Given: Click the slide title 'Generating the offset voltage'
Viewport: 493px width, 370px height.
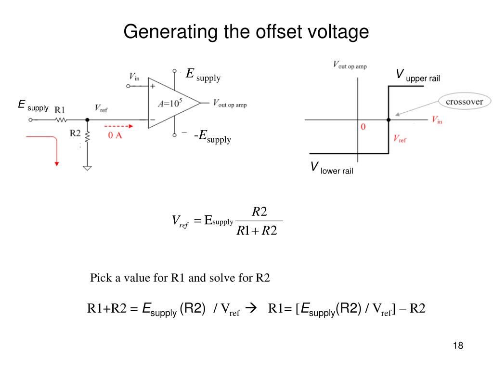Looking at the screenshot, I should point(246,32).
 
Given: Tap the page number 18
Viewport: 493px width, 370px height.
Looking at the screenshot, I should point(458,346).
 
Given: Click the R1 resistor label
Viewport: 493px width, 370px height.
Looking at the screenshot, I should point(61,109).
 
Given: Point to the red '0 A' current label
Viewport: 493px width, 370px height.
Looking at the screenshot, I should point(115,136).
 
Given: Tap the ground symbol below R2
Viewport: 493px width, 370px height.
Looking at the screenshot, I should point(87,169).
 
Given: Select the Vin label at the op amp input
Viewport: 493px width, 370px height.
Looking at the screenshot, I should point(135,76).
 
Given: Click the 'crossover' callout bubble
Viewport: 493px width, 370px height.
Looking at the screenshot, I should point(465,102).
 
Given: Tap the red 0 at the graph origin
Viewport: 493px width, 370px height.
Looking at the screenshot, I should point(363,127).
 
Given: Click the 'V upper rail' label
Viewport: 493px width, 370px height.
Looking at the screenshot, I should point(417,76).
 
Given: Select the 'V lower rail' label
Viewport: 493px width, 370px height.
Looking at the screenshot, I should point(332,169).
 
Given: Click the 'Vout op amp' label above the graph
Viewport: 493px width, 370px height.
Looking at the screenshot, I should point(350,66).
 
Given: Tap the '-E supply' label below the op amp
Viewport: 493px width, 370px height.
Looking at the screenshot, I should point(212,138).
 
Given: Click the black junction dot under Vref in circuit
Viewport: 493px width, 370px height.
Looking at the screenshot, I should point(87,120).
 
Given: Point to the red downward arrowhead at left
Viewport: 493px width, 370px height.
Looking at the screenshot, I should point(57,164).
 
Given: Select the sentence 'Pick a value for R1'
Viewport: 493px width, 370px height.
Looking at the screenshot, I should point(180,278).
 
